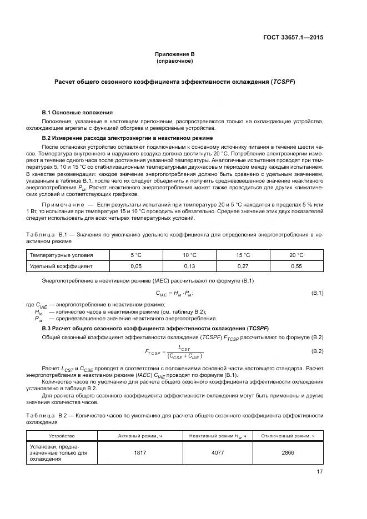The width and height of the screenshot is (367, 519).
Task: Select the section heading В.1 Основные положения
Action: [x=77, y=112]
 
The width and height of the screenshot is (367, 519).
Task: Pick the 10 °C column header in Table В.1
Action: [x=190, y=255]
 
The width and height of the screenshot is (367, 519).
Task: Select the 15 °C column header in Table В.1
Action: [x=243, y=255]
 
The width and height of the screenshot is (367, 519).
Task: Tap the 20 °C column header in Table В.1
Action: [x=296, y=255]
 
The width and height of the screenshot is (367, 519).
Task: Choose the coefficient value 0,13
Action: [x=190, y=266]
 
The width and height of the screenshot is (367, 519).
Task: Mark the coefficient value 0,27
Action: [x=243, y=266]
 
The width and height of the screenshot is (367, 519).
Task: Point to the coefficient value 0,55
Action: [x=296, y=266]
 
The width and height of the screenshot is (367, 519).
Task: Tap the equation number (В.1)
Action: [x=317, y=293]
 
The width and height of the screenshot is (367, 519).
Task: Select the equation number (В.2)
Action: [x=317, y=351]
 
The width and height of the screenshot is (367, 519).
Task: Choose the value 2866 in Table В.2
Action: [x=288, y=452]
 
